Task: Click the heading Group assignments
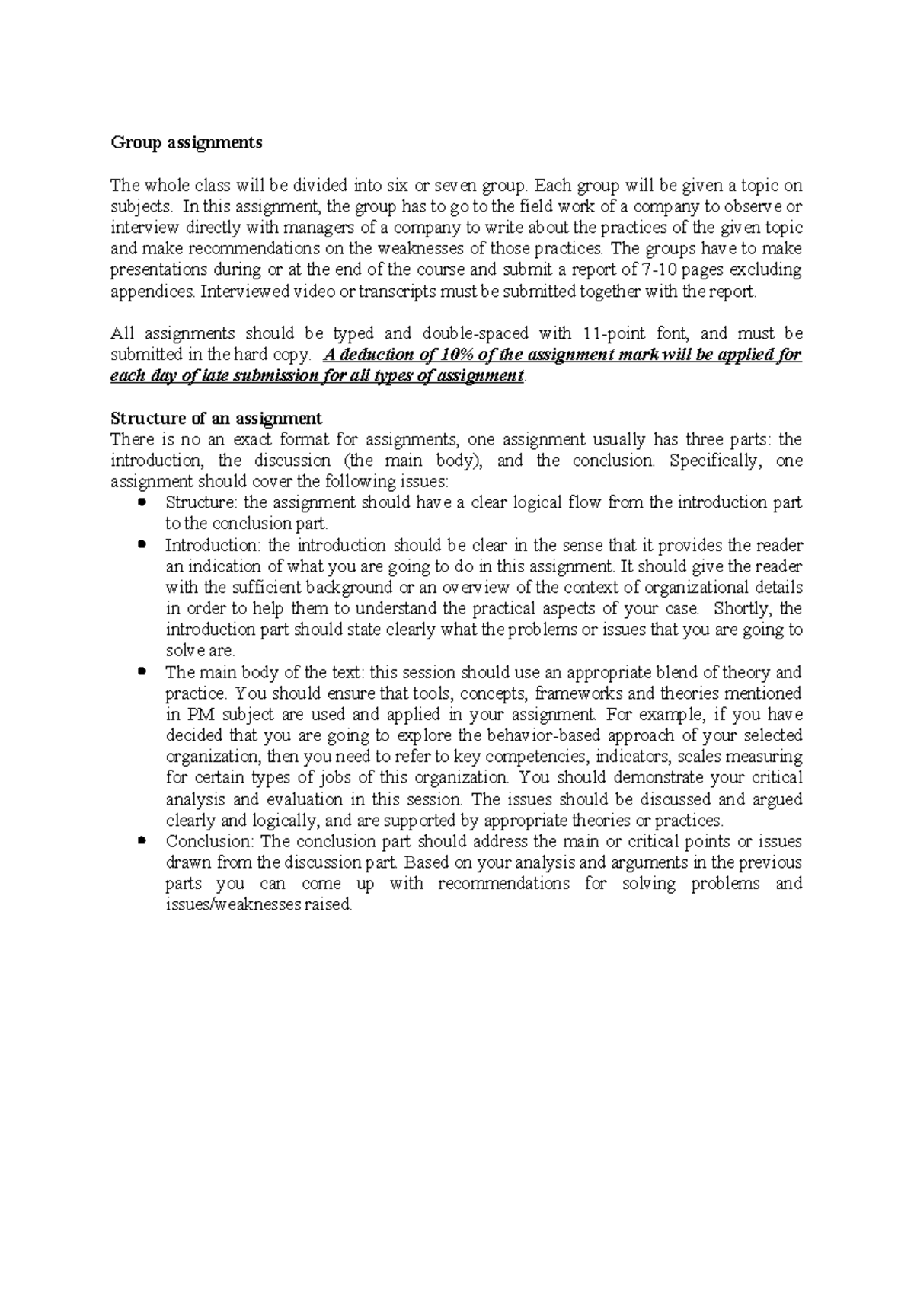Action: (x=186, y=142)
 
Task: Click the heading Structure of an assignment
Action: (x=216, y=418)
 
